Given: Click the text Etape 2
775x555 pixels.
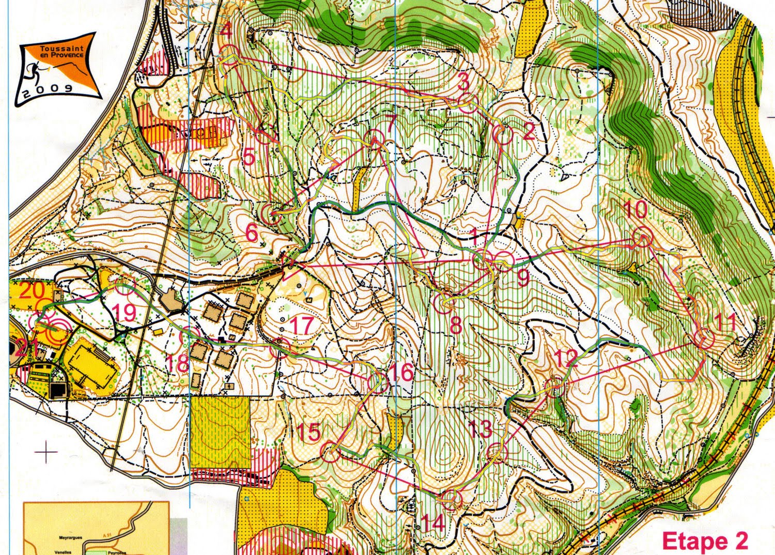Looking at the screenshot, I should coord(705,541).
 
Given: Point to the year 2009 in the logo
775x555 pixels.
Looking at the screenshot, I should coord(48,88).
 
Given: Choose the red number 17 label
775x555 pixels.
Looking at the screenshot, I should coord(302,326).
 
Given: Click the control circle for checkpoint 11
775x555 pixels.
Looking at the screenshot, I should coord(703,340).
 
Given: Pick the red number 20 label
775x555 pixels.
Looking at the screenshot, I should coord(32,290).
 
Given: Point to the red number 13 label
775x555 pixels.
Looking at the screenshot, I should coord(480,428).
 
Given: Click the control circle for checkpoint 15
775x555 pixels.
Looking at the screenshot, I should coord(330,453).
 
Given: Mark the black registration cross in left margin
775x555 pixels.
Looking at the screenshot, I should coord(47,453).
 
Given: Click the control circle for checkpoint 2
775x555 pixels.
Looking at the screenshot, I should coord(502,135).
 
